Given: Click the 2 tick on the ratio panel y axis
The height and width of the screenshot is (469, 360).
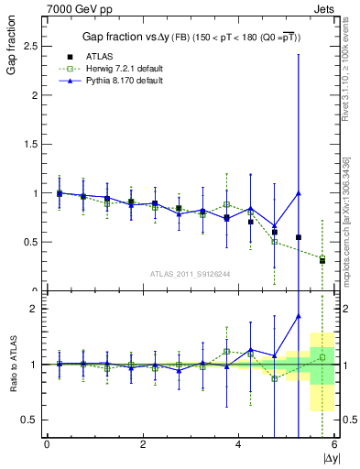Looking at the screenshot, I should pyautogui.click(x=37, y=309).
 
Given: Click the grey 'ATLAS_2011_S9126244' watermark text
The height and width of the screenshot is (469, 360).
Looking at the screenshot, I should pyautogui.click(x=190, y=272).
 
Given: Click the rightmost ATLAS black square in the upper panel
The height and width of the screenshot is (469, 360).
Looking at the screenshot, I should pyautogui.click(x=322, y=260).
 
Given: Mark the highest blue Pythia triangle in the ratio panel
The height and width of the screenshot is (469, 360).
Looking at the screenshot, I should pyautogui.click(x=299, y=316).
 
